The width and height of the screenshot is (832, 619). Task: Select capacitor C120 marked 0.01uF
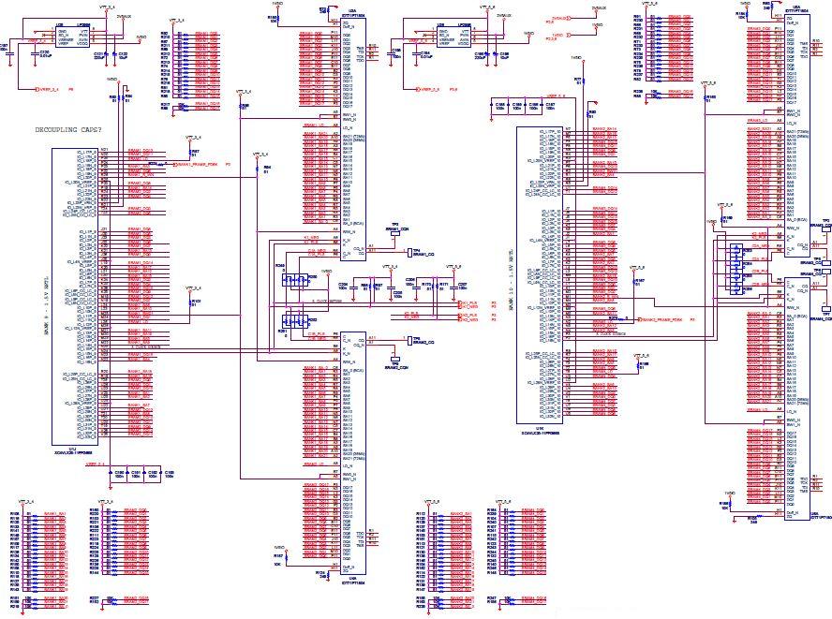pyautogui.click(x=44, y=54)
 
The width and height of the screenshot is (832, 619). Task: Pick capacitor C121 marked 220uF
pyautogui.click(x=100, y=55)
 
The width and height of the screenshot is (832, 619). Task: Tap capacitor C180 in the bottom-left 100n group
pyautogui.click(x=119, y=473)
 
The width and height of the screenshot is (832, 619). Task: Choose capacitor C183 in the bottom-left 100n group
pyautogui.click(x=168, y=473)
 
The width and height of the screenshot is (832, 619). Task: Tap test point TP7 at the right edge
pyautogui.click(x=825, y=313)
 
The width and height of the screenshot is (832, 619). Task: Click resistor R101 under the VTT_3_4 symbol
pyautogui.click(x=195, y=302)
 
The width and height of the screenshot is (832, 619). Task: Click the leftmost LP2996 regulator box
pyautogui.click(x=80, y=37)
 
